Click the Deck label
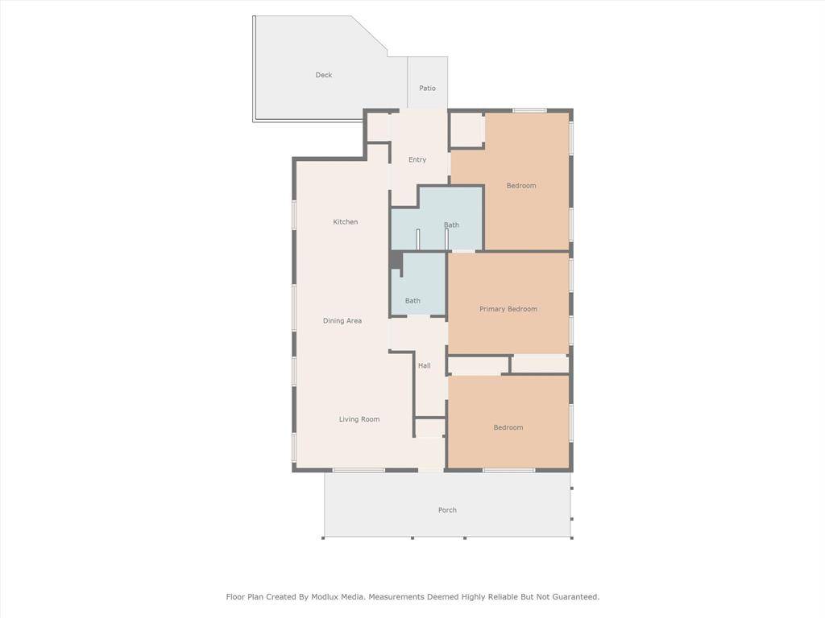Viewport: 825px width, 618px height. pos(324,75)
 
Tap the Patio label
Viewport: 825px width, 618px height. pos(427,89)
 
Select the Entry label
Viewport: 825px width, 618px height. pos(417,160)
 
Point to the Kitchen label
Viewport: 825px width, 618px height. pos(345,222)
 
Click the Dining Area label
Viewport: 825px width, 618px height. pos(342,320)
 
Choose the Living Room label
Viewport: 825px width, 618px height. pos(359,419)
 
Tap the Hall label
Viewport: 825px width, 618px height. pos(424,366)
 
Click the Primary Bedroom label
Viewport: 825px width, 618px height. pos(508,309)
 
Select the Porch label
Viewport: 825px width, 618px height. pos(447,509)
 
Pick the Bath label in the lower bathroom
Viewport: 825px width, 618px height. pos(412,301)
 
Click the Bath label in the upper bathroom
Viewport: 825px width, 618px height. pos(451,225)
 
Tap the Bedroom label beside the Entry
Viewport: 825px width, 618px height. pos(521,186)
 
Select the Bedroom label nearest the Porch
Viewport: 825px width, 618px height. pos(508,428)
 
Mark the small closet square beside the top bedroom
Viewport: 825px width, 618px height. pos(467,130)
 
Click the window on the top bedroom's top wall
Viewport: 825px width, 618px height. pos(530,110)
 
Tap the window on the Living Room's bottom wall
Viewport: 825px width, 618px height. pos(359,470)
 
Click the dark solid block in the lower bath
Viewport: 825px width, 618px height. pos(396,262)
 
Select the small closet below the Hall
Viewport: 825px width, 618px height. pos(430,428)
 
